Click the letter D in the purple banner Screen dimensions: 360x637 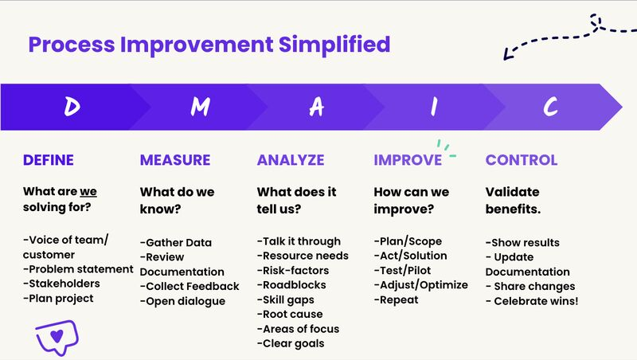72,107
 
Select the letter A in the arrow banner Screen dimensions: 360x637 317,107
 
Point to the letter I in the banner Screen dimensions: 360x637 434,107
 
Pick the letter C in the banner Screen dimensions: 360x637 550,107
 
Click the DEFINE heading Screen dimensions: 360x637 49,160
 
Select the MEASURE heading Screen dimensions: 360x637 175,160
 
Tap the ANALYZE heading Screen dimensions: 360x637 291,160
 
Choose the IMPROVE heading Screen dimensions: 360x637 408,160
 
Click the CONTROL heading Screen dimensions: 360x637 522,160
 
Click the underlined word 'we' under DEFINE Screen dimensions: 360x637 88,192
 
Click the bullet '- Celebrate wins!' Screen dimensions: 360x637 532,300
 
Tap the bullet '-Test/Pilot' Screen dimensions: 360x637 403,271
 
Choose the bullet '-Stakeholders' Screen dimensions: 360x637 62,284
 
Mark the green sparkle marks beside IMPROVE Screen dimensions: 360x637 446,148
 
